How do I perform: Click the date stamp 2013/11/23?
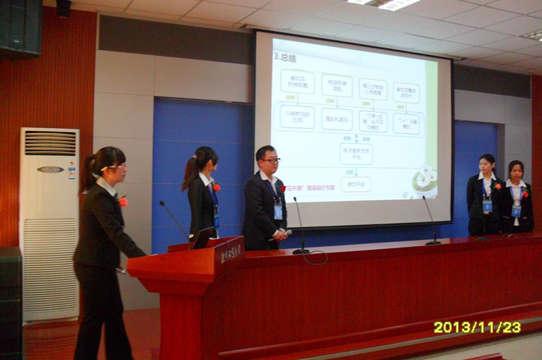[x=477, y=327]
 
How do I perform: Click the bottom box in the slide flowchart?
[x=355, y=184]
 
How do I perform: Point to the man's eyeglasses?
[x=271, y=161]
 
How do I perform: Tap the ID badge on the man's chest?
[x=278, y=211]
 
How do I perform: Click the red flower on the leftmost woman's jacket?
[x=123, y=201]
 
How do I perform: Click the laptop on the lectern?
[x=202, y=237]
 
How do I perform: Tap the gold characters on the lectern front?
[x=230, y=254]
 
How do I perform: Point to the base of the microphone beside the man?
[x=301, y=252]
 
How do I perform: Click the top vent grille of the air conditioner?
[x=51, y=143]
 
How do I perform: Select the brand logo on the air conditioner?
[x=50, y=169]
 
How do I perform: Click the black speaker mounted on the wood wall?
[x=21, y=27]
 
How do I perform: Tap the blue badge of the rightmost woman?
[x=516, y=211]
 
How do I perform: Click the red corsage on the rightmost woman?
[x=524, y=193]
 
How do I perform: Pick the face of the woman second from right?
[x=487, y=164]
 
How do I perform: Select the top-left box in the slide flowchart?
[x=297, y=81]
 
